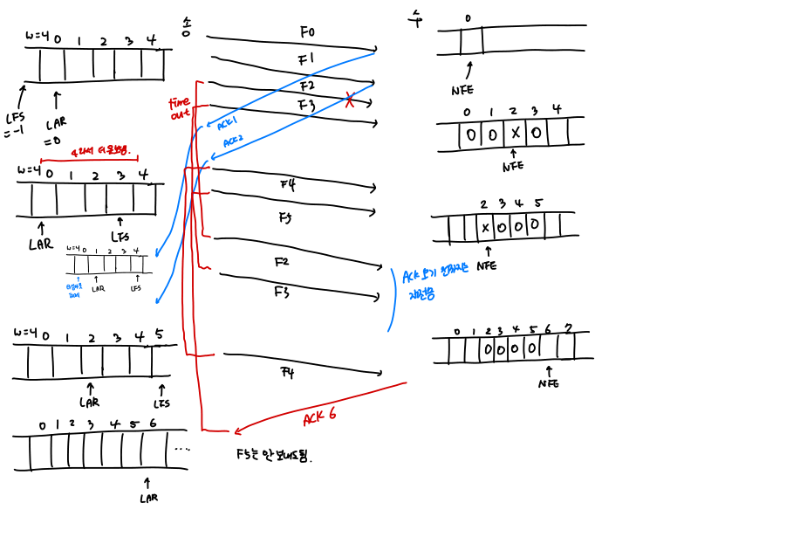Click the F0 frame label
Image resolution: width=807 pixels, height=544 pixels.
click(x=306, y=32)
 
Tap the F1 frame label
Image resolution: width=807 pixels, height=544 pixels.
click(x=305, y=59)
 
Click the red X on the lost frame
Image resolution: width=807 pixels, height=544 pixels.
click(x=350, y=100)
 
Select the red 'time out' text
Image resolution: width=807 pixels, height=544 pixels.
click(x=179, y=107)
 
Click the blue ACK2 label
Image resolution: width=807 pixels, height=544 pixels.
click(x=233, y=141)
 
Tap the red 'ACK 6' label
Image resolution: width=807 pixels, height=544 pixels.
click(x=319, y=417)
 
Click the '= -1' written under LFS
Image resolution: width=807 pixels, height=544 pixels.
click(x=14, y=134)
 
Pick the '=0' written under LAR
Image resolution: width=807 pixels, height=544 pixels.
click(x=53, y=139)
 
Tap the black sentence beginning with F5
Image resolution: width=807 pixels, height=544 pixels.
click(x=273, y=455)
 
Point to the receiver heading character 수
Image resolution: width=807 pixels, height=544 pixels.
click(x=416, y=17)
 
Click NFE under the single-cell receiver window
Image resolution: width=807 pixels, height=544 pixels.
click(x=462, y=90)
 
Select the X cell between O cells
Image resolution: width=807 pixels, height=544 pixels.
click(x=515, y=134)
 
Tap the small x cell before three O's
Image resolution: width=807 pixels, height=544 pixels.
click(x=485, y=228)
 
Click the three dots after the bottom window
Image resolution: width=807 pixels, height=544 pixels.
click(x=182, y=449)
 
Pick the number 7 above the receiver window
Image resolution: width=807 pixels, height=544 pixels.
click(x=568, y=328)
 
